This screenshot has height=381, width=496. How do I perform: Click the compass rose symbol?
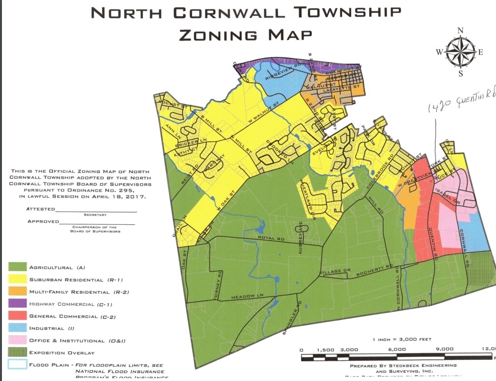(460, 53)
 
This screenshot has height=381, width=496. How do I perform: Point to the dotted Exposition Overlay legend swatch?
(16, 353)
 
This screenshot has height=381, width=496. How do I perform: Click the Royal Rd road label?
(269, 238)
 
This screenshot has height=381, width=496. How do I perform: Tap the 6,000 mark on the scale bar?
(397, 349)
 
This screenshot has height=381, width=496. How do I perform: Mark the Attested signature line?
(96, 211)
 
